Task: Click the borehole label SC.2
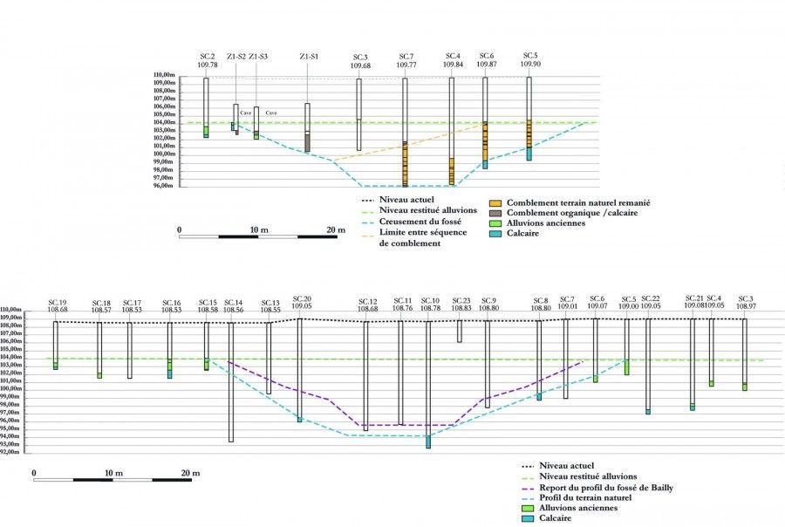[207, 56]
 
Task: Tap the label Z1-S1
[308, 57]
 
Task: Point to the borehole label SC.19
[58, 300]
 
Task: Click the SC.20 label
[302, 298]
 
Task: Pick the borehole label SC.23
[461, 300]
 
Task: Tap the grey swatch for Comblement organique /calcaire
[495, 213]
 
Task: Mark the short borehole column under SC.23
[460, 331]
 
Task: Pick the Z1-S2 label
[235, 57]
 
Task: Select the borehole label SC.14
[233, 300]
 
